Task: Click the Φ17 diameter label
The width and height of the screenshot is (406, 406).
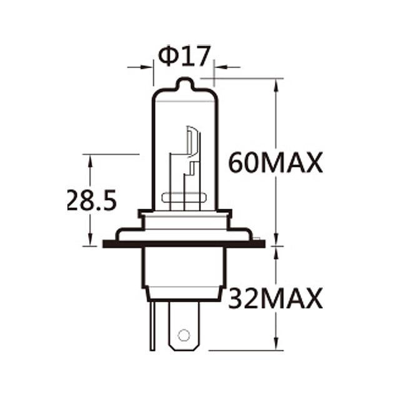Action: (184, 57)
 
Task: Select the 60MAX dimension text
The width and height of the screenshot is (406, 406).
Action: (275, 164)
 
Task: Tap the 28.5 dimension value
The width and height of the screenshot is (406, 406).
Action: (91, 201)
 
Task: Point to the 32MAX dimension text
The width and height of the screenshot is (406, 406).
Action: (275, 299)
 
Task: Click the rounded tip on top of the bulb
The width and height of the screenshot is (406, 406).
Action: (184, 84)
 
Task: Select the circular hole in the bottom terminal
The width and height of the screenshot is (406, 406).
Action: (184, 335)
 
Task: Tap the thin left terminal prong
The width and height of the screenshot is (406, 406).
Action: (152, 325)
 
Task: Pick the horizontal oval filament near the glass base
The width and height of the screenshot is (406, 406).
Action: (185, 199)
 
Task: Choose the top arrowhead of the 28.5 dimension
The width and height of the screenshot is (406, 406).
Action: (91, 159)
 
